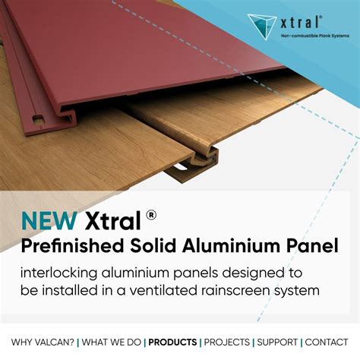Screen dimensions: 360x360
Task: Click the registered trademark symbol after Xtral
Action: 153,215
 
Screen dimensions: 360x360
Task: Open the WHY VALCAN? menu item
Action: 43,343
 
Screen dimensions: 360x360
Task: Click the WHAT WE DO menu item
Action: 110,343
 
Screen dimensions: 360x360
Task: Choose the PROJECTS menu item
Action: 227,343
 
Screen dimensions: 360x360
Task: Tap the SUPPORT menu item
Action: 278,343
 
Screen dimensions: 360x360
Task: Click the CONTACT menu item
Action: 327,343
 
